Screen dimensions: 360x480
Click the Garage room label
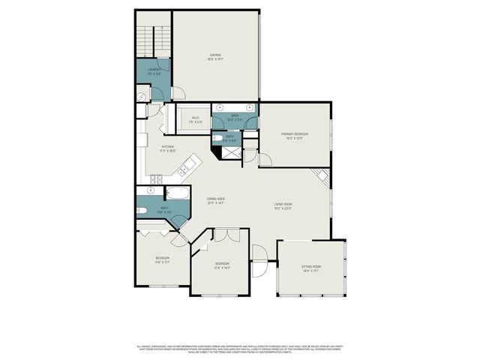click(x=215, y=56)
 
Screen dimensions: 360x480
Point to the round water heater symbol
click(x=141, y=97)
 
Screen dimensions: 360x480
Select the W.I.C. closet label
click(x=196, y=121)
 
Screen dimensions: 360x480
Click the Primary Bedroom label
click(x=295, y=136)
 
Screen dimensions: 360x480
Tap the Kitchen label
click(x=167, y=148)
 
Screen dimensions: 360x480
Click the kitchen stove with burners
click(x=157, y=178)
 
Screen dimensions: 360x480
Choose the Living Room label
click(x=282, y=206)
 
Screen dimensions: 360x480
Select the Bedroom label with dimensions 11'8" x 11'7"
click(x=162, y=260)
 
